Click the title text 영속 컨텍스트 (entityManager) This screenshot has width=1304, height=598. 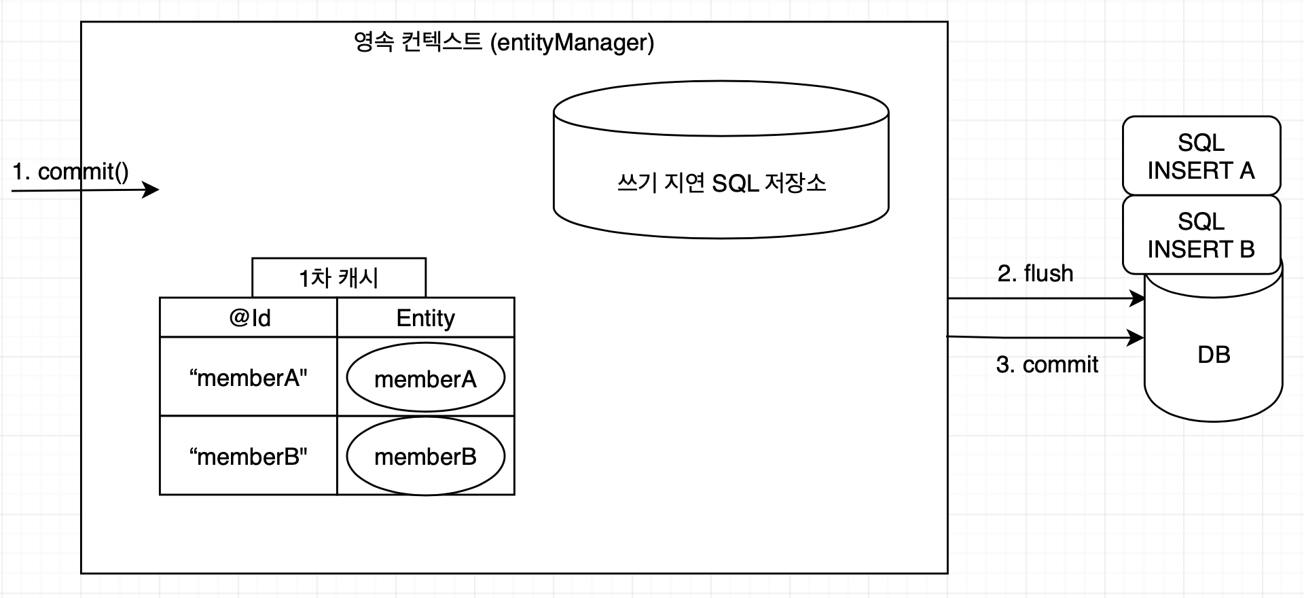(504, 42)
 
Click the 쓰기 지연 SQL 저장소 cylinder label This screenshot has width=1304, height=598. (721, 183)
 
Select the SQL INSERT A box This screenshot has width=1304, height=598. (1201, 156)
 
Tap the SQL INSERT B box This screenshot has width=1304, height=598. (1201, 234)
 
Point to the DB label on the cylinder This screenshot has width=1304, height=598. (1214, 355)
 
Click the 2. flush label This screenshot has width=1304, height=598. (1035, 273)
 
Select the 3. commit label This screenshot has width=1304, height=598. (1047, 365)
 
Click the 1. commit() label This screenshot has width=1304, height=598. (71, 171)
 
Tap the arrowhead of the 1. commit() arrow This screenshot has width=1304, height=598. (151, 190)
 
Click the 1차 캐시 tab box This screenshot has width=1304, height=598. (339, 277)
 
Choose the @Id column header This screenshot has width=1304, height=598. (249, 317)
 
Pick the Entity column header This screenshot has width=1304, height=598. (426, 317)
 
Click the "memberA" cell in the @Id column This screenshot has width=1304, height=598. (249, 378)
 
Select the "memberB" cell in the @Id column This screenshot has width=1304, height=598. (249, 457)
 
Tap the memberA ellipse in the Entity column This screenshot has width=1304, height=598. (426, 379)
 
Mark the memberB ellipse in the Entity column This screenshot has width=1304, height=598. (426, 457)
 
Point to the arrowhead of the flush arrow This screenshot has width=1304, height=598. (1138, 298)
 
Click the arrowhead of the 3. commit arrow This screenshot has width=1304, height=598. (1136, 337)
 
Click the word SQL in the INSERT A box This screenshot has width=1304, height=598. (1201, 143)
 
